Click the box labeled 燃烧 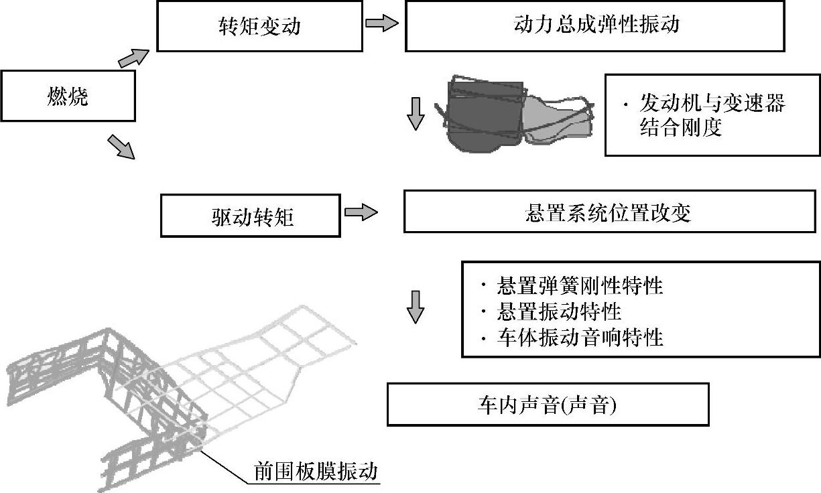(x=68, y=96)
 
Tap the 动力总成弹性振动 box (x=594, y=26)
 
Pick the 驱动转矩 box (x=251, y=216)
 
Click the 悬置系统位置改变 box (x=609, y=212)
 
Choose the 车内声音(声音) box (x=548, y=405)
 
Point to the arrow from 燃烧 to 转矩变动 (x=132, y=58)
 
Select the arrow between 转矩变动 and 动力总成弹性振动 (x=381, y=23)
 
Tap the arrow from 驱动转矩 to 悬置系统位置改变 (x=361, y=213)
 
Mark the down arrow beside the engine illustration (x=416, y=113)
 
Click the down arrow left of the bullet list (x=416, y=306)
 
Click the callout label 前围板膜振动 (x=315, y=471)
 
